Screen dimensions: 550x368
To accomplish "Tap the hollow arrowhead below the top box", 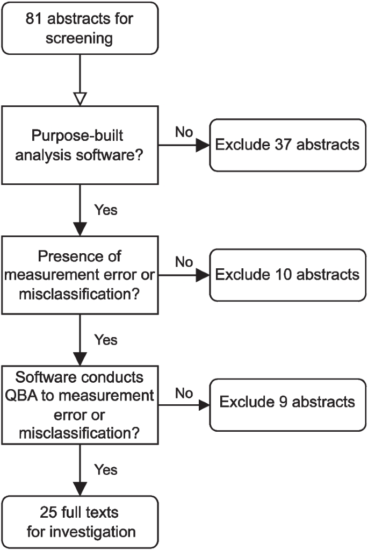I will coord(80,98).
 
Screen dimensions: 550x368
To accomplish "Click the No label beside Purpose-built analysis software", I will coord(184,132).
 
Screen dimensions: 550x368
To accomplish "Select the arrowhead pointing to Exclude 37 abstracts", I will coord(203,145).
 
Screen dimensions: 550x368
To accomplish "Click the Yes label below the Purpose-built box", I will coord(105,210).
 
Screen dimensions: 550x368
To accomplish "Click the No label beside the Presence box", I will coord(184,262).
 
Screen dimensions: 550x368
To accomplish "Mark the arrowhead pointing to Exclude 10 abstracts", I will coord(203,275).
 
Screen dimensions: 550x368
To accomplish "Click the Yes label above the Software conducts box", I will coord(105,339).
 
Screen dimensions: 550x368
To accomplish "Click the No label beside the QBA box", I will coord(184,393).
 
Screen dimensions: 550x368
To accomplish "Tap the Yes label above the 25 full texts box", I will coord(105,470).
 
